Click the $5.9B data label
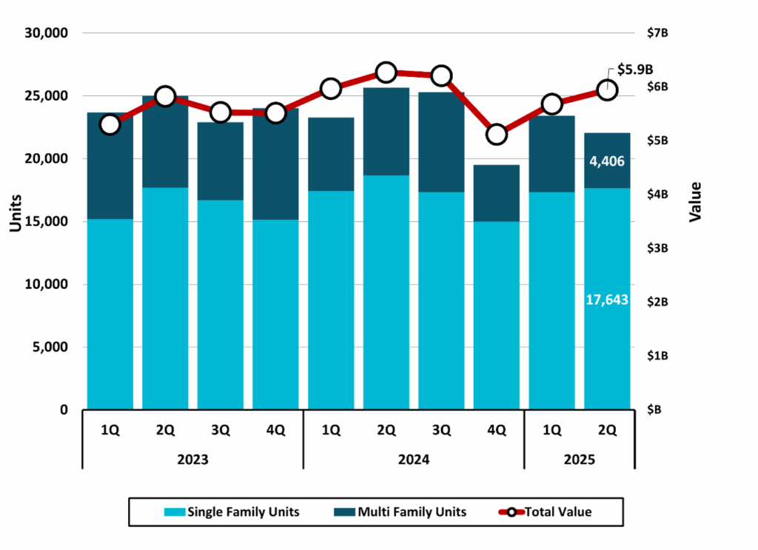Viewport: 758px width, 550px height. (636, 70)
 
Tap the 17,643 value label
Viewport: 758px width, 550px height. (607, 301)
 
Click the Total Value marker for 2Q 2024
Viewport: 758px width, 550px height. (386, 73)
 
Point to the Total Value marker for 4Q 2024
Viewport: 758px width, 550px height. (496, 135)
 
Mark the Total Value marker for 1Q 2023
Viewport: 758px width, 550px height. (110, 124)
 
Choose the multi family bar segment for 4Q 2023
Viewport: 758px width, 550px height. (275, 164)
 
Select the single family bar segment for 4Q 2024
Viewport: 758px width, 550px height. (496, 315)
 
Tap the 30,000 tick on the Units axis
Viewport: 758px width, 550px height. (47, 33)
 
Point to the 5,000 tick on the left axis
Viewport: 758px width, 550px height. (50, 347)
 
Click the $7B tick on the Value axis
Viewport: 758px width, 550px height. (659, 33)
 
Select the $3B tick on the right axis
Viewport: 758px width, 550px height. (659, 248)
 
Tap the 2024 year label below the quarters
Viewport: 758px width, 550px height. (413, 459)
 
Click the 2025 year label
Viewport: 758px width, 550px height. (579, 459)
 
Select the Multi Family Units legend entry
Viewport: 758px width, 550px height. (401, 512)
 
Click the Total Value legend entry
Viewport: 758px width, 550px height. (548, 512)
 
